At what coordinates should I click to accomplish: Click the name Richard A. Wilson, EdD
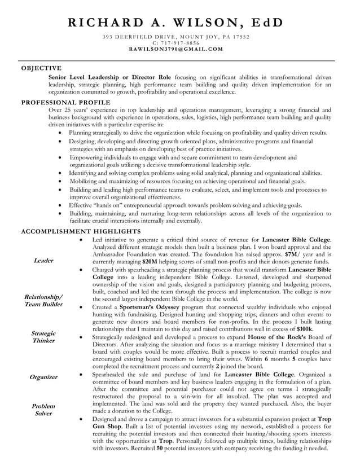[x=176, y=23]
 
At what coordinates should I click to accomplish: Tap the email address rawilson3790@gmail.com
[x=176, y=49]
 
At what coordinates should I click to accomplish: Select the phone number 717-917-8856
[x=176, y=43]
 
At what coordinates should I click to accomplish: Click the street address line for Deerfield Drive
[x=176, y=37]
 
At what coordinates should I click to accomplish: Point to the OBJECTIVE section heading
[x=41, y=68]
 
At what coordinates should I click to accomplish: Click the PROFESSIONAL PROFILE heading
[x=66, y=102]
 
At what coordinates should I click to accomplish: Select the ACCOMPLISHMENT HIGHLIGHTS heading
[x=81, y=231]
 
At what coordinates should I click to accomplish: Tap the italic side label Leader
[x=43, y=261]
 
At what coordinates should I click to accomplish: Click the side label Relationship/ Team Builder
[x=43, y=301]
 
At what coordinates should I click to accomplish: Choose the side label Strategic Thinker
[x=43, y=337]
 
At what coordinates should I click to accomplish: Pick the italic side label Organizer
[x=43, y=377]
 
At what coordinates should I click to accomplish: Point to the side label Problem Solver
[x=43, y=410]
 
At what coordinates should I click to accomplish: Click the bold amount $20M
[x=150, y=262]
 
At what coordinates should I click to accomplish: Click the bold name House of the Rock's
[x=282, y=337]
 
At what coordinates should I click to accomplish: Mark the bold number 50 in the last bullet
[x=160, y=449]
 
